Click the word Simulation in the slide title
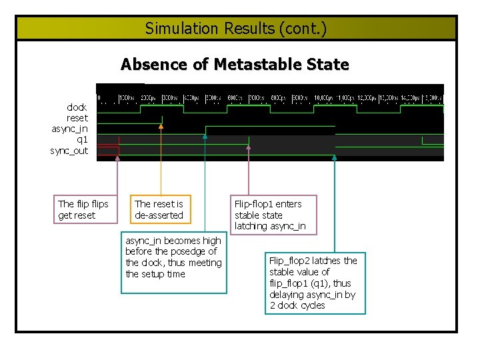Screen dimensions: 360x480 pyautogui.click(x=172, y=29)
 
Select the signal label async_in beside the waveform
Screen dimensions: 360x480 pyautogui.click(x=69, y=129)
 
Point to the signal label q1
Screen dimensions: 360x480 pyautogui.click(x=82, y=139)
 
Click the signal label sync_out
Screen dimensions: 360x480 pyautogui.click(x=69, y=151)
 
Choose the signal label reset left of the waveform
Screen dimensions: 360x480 pyautogui.click(x=77, y=118)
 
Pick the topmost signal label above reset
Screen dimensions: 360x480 pyautogui.click(x=77, y=107)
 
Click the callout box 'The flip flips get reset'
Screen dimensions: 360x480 pyautogui.click(x=83, y=209)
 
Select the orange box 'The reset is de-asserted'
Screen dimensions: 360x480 pyautogui.click(x=159, y=209)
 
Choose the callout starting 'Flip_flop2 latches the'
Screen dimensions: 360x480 pyautogui.click(x=313, y=283)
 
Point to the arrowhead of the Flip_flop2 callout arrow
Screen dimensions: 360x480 pyautogui.click(x=335, y=157)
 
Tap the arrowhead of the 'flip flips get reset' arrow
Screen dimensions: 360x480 pyautogui.click(x=118, y=158)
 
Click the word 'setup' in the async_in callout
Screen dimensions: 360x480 pyautogui.click(x=154, y=274)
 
